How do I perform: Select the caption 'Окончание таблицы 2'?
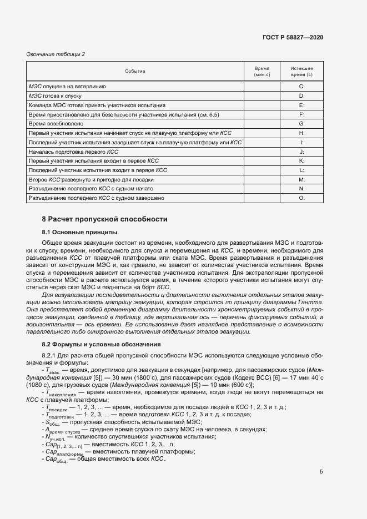coord(56,54)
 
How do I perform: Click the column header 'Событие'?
coord(135,71)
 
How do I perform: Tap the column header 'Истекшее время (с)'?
coord(301,71)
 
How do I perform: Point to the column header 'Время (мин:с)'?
coord(262,71)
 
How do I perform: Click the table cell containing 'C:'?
coord(301,87)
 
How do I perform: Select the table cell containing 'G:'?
coord(301,124)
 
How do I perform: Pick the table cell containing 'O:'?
coord(301,198)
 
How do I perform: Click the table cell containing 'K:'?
coord(301,161)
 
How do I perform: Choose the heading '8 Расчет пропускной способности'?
coord(105,219)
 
